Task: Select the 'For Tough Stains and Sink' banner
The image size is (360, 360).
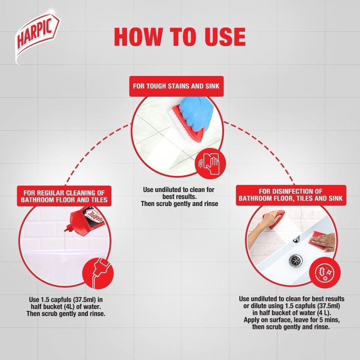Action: point(176,86)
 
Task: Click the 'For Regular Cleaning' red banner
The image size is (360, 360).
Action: point(64,196)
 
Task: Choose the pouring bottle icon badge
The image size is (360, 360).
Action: point(98,273)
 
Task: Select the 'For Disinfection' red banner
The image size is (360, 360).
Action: point(291,195)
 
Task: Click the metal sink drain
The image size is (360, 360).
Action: point(295,260)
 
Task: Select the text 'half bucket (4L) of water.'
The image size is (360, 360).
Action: point(66,307)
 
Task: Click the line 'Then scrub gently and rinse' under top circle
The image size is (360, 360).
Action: point(179,204)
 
